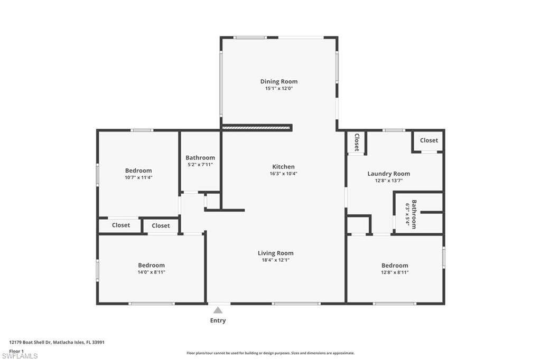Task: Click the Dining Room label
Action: click(279, 81)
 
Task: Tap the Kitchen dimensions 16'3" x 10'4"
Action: click(283, 174)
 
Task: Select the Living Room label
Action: click(276, 253)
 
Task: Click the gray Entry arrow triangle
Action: click(218, 310)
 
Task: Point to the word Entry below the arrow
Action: click(218, 320)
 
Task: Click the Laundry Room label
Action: click(389, 174)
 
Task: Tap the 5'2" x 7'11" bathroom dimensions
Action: click(200, 165)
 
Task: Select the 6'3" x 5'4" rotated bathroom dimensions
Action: click(407, 214)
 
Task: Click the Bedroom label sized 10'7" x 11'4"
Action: click(138, 170)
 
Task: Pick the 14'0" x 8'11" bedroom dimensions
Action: click(152, 272)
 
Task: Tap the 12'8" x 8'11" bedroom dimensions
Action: click(395, 272)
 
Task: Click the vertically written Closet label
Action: click(357, 142)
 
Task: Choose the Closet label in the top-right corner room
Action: click(429, 140)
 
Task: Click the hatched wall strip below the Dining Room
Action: click(256, 128)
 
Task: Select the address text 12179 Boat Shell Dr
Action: click(30, 343)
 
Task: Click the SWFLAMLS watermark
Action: click(20, 356)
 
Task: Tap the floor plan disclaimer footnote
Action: click(270, 353)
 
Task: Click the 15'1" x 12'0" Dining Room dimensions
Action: click(279, 88)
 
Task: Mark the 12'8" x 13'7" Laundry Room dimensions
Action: click(389, 181)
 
